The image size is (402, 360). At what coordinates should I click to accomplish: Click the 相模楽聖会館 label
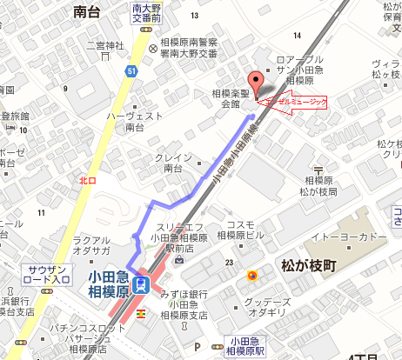point(231,97)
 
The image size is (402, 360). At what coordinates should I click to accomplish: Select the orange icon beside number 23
point(251,277)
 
